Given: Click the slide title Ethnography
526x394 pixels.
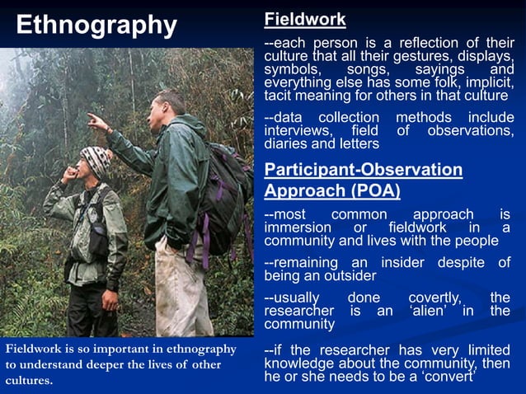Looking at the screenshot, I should point(96,25).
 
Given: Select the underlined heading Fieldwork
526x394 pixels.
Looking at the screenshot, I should point(304,20).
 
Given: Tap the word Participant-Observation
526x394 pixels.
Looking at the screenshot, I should point(363,170).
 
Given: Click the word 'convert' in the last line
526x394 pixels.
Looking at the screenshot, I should point(448,378).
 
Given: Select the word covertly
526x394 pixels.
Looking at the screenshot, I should point(435,297).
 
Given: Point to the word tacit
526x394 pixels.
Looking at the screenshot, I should point(280,96).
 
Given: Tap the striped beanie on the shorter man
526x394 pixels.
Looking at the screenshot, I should point(96,159).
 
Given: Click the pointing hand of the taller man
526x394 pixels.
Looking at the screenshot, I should point(98,122).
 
